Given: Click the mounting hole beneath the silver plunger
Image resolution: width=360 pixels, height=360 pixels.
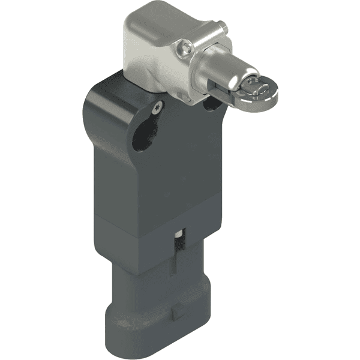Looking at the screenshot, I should tap(211, 103).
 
